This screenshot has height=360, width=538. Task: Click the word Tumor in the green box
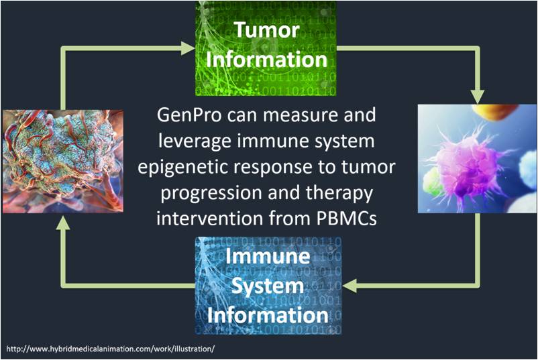coord(266,30)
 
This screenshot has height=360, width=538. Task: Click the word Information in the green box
coord(266,59)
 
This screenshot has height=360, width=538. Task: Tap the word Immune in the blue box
coord(268,257)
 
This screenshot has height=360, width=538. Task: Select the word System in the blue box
coord(268,286)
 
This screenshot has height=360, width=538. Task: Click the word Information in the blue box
coord(268,315)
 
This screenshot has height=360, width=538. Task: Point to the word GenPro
coord(190,115)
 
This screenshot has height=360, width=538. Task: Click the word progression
coord(211,194)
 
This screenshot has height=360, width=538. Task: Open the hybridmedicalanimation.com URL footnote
coord(111,349)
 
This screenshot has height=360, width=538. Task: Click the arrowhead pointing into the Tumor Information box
coord(188,48)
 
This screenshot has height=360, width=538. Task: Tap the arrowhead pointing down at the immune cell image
coord(477,97)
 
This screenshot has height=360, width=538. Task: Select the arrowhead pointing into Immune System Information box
coord(349,286)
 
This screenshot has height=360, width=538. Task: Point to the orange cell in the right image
coord(494,113)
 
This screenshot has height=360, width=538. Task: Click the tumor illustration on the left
coord(63,162)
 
